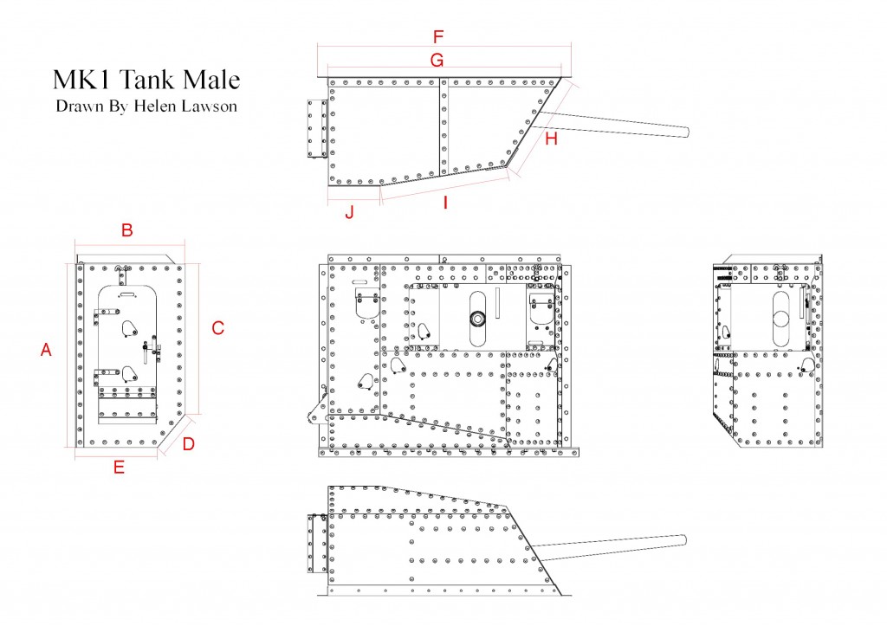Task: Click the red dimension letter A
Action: tap(46, 350)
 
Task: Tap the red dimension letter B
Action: tap(127, 230)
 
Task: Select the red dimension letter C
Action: tap(217, 328)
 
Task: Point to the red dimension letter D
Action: tap(188, 444)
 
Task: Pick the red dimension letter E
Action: tap(119, 467)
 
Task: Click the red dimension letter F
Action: tap(437, 36)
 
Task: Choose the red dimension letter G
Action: tap(437, 60)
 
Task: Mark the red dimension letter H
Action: tap(551, 139)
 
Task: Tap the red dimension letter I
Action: tap(446, 203)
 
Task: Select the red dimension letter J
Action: tap(350, 212)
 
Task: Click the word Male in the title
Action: tap(211, 79)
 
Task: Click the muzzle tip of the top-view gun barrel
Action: tap(688, 132)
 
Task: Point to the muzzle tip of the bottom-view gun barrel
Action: tap(685, 540)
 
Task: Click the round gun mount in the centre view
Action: tap(478, 319)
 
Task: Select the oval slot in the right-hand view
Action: tap(780, 319)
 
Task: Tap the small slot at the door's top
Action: tap(127, 294)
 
